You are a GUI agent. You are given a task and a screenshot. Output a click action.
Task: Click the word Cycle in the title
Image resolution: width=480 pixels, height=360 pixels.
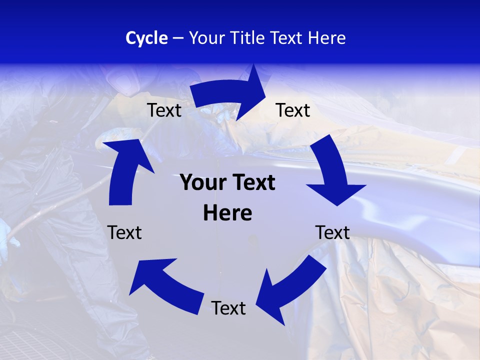tap(146, 38)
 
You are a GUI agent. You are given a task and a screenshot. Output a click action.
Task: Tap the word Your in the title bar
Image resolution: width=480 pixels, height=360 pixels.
tap(207, 38)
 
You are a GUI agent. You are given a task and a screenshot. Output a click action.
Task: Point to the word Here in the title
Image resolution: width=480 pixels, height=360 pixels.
tap(326, 38)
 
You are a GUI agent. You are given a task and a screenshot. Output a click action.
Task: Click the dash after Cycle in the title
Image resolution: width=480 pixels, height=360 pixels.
tap(178, 38)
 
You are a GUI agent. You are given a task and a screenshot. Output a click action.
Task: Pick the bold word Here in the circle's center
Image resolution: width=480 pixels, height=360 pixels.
tap(227, 213)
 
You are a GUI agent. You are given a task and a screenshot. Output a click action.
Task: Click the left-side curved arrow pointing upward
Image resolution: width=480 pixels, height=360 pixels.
tap(125, 170)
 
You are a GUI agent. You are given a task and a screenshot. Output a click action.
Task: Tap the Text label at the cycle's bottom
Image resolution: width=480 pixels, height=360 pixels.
tap(228, 308)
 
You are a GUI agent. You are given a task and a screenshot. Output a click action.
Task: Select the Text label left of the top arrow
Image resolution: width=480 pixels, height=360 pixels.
tap(164, 110)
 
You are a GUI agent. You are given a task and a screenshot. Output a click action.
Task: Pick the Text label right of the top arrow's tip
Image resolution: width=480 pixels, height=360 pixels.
tap(293, 110)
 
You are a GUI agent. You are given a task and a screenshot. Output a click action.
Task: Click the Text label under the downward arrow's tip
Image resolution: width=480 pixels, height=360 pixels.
tap(332, 232)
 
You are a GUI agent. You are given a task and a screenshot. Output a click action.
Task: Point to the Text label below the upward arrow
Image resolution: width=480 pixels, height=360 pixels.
tap(124, 232)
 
